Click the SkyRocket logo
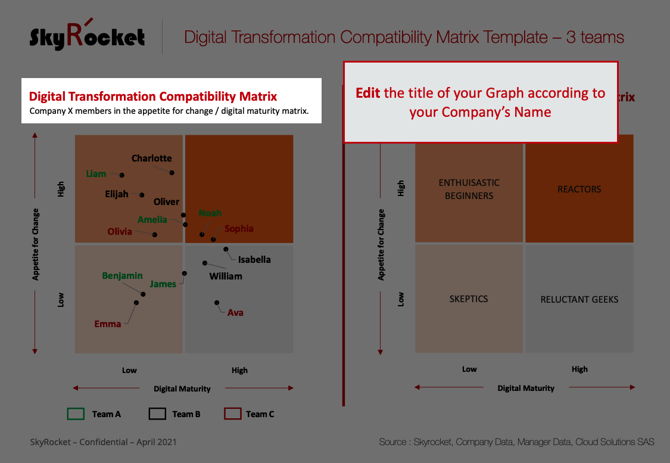[87, 35]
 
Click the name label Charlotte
[152, 158]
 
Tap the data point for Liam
[121, 175]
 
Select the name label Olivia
[120, 232]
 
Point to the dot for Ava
[217, 303]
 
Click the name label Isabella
[254, 259]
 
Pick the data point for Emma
[136, 303]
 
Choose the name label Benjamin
[122, 276]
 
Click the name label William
[226, 276]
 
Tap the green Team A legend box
[76, 414]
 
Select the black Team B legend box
[157, 414]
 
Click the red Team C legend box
[233, 414]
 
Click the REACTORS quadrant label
[579, 189]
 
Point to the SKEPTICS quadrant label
[469, 299]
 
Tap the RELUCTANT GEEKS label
[579, 299]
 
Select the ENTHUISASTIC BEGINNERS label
[469, 189]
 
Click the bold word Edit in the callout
[368, 93]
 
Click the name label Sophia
[239, 229]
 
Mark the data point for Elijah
[142, 195]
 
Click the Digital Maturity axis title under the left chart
[182, 389]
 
